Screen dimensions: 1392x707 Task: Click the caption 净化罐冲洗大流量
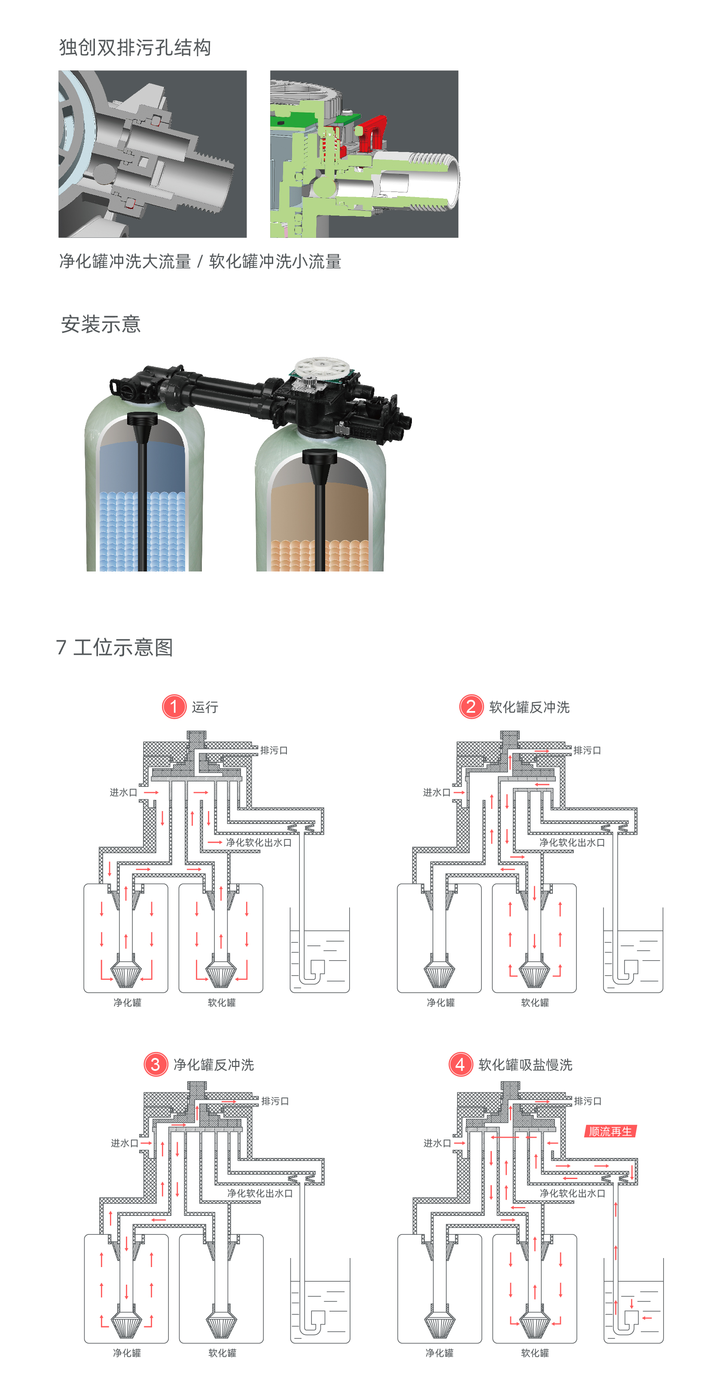coord(125,261)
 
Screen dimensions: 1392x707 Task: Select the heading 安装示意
coord(101,324)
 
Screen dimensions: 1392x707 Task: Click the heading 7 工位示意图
coord(115,647)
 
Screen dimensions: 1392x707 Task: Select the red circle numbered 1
coord(174,706)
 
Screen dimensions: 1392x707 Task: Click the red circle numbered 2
coord(471,706)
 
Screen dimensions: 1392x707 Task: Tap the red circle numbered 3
coord(155,1064)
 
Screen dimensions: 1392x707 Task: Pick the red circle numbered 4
coord(460,1064)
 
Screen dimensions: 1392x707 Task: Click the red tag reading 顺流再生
coord(610,1131)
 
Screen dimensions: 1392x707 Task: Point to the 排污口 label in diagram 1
coord(274,750)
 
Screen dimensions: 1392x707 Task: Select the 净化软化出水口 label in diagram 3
coord(259,1193)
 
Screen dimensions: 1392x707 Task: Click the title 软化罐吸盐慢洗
coord(525,1064)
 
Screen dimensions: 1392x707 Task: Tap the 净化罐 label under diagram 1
coord(127,1003)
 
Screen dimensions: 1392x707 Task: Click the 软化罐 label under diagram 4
coord(535,1352)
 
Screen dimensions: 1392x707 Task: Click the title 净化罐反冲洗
coord(213,1064)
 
